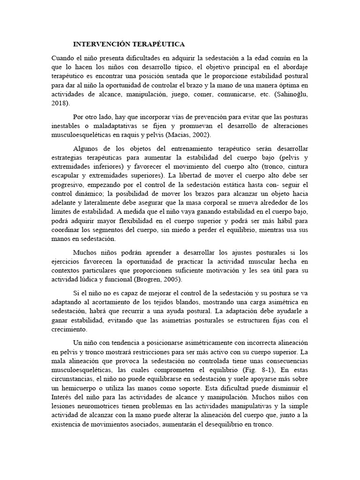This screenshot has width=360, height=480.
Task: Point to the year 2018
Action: pos(59,103)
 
